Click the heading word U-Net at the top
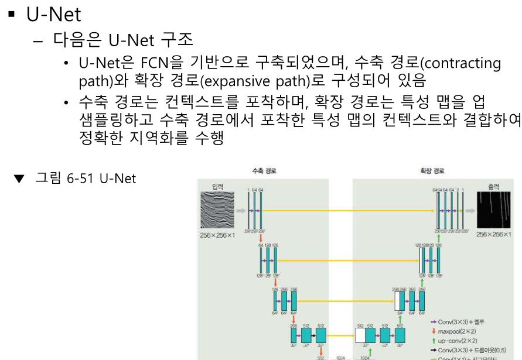coord(53,14)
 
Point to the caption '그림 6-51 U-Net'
coord(86,177)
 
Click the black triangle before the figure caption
coord(19,178)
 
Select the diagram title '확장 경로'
coord(432,171)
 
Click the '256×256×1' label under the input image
coord(217,235)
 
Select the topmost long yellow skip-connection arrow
coord(349,210)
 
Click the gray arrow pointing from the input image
coord(240,210)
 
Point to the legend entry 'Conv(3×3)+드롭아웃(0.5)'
coord(472,349)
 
